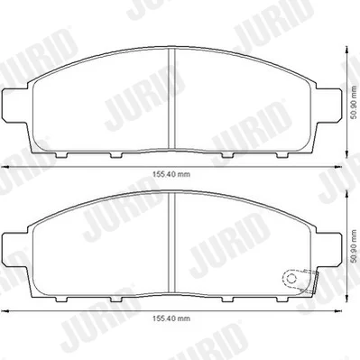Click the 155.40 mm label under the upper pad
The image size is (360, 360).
pyautogui.click(x=171, y=174)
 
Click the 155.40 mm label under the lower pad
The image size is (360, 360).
pyautogui.click(x=171, y=318)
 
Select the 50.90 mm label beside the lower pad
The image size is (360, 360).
pyautogui.click(x=354, y=247)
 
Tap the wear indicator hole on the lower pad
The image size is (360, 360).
pyautogui.click(x=291, y=278)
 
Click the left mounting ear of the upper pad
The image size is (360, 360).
pyautogui.click(x=15, y=106)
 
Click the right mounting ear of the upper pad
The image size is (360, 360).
pyautogui.click(x=329, y=106)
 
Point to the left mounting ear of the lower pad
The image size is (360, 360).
pyautogui.click(x=15, y=249)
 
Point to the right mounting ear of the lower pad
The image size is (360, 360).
pyautogui.click(x=329, y=249)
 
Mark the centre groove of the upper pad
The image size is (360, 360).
pyautogui.click(x=171, y=98)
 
